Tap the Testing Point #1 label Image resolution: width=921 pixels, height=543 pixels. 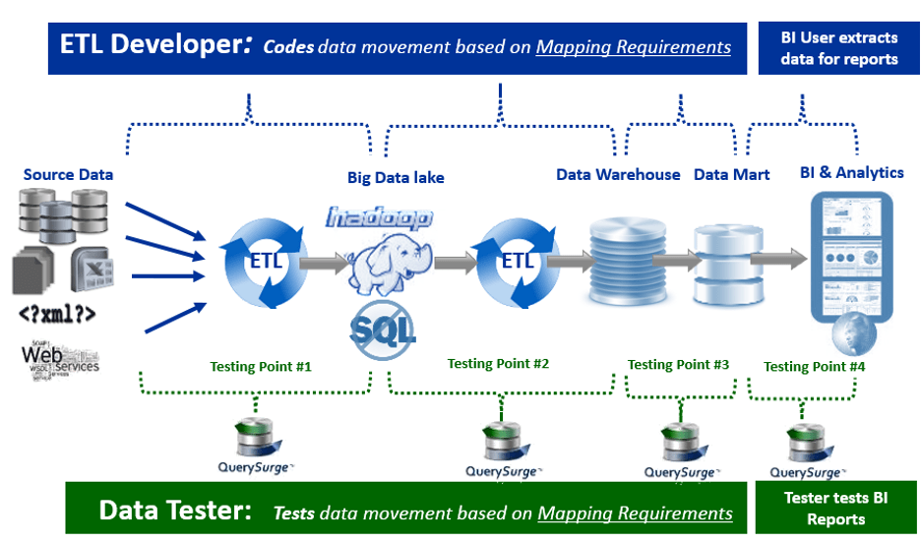coord(261,366)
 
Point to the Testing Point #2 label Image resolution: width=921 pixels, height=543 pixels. coord(498,363)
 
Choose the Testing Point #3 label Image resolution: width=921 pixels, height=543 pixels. coord(678,364)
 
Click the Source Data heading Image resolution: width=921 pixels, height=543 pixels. coord(68,174)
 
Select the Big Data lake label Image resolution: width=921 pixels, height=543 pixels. coord(396,177)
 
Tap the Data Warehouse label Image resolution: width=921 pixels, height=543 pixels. coord(618,174)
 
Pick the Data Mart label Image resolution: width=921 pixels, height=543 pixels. coord(732,174)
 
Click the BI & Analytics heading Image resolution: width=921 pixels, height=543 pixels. coord(851,172)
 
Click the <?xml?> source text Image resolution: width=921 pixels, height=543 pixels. coord(57,315)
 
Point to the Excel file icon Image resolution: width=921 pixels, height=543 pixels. coord(94,271)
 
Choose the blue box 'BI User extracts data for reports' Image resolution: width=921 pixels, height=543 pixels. coord(838,48)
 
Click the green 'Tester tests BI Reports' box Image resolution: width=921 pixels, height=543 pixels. coord(834,508)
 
